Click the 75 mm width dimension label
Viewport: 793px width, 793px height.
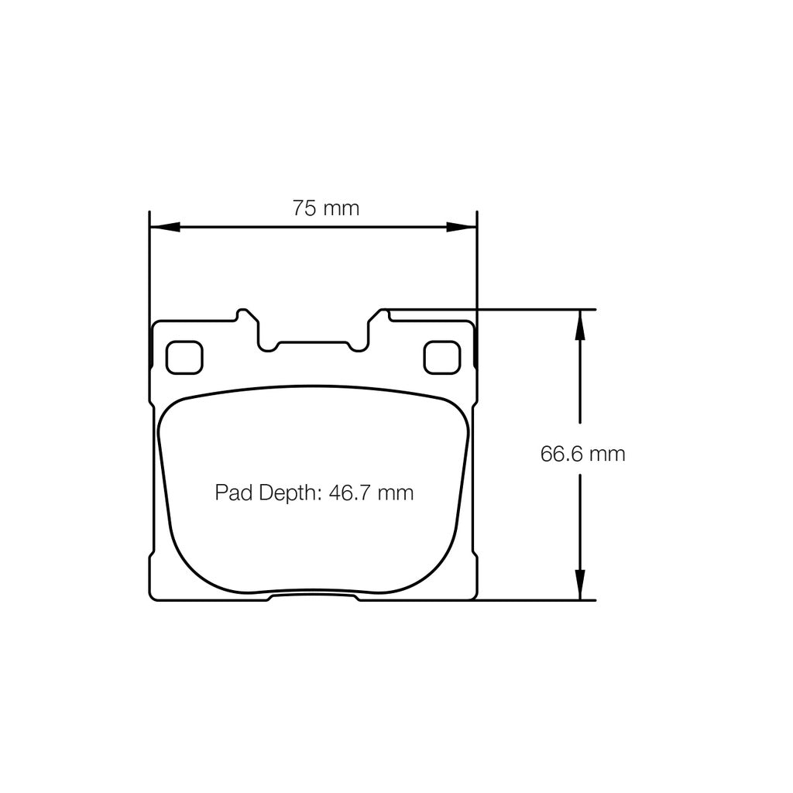(x=325, y=208)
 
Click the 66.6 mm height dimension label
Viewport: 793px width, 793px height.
(x=582, y=454)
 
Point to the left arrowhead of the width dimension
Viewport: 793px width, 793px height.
(x=163, y=227)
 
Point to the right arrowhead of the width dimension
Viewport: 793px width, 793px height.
(x=462, y=227)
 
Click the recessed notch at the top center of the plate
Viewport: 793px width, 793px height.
(x=313, y=345)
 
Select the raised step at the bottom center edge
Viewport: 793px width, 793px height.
(x=313, y=596)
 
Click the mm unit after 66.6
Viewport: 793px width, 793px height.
(x=606, y=454)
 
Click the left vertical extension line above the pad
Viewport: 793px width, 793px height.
(x=149, y=263)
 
